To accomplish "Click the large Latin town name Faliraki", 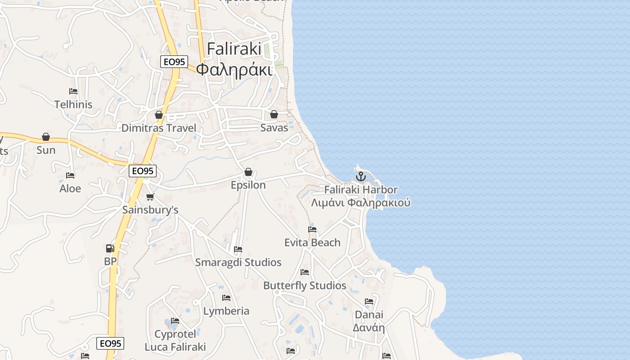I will pos(234,49).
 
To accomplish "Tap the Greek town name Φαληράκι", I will pos(234,71).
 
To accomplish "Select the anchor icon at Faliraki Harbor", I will pos(360,176).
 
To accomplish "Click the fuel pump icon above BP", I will pos(110,248).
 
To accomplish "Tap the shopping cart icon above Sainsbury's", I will pos(150,197).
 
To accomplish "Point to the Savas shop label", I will pos(274,128).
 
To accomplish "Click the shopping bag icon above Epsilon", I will pos(248,172).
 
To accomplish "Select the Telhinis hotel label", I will pos(73,104).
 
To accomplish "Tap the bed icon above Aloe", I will pos(70,175).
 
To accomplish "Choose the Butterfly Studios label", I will pos(305,286).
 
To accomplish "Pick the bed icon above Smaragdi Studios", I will pos(238,249).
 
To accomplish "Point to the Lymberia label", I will pos(226,311).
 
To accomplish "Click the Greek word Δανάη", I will pos(369,327).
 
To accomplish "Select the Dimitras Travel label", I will pos(159,128).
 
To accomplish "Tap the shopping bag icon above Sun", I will pos(45,137).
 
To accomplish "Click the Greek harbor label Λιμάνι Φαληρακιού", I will pos(360,202).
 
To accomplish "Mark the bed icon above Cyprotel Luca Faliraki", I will pos(175,321).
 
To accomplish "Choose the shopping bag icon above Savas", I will pos(274,114).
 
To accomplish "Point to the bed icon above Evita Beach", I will pos(312,229).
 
